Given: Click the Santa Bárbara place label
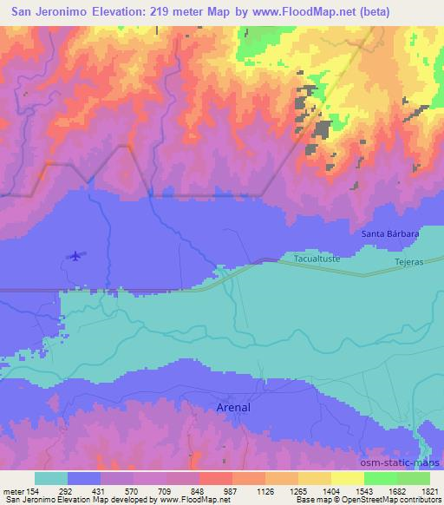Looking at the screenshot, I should [390, 233].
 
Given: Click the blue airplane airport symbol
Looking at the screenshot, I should [76, 255].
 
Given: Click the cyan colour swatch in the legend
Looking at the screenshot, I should [51, 478].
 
